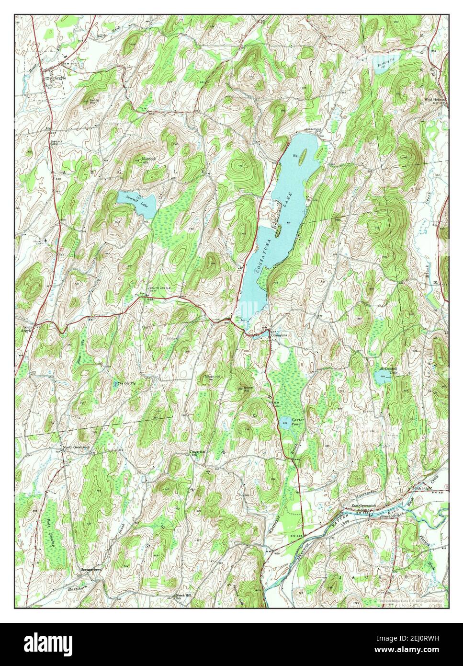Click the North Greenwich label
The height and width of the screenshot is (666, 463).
pyautogui.click(x=77, y=448)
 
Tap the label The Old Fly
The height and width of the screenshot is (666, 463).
pyautogui.click(x=127, y=384)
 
